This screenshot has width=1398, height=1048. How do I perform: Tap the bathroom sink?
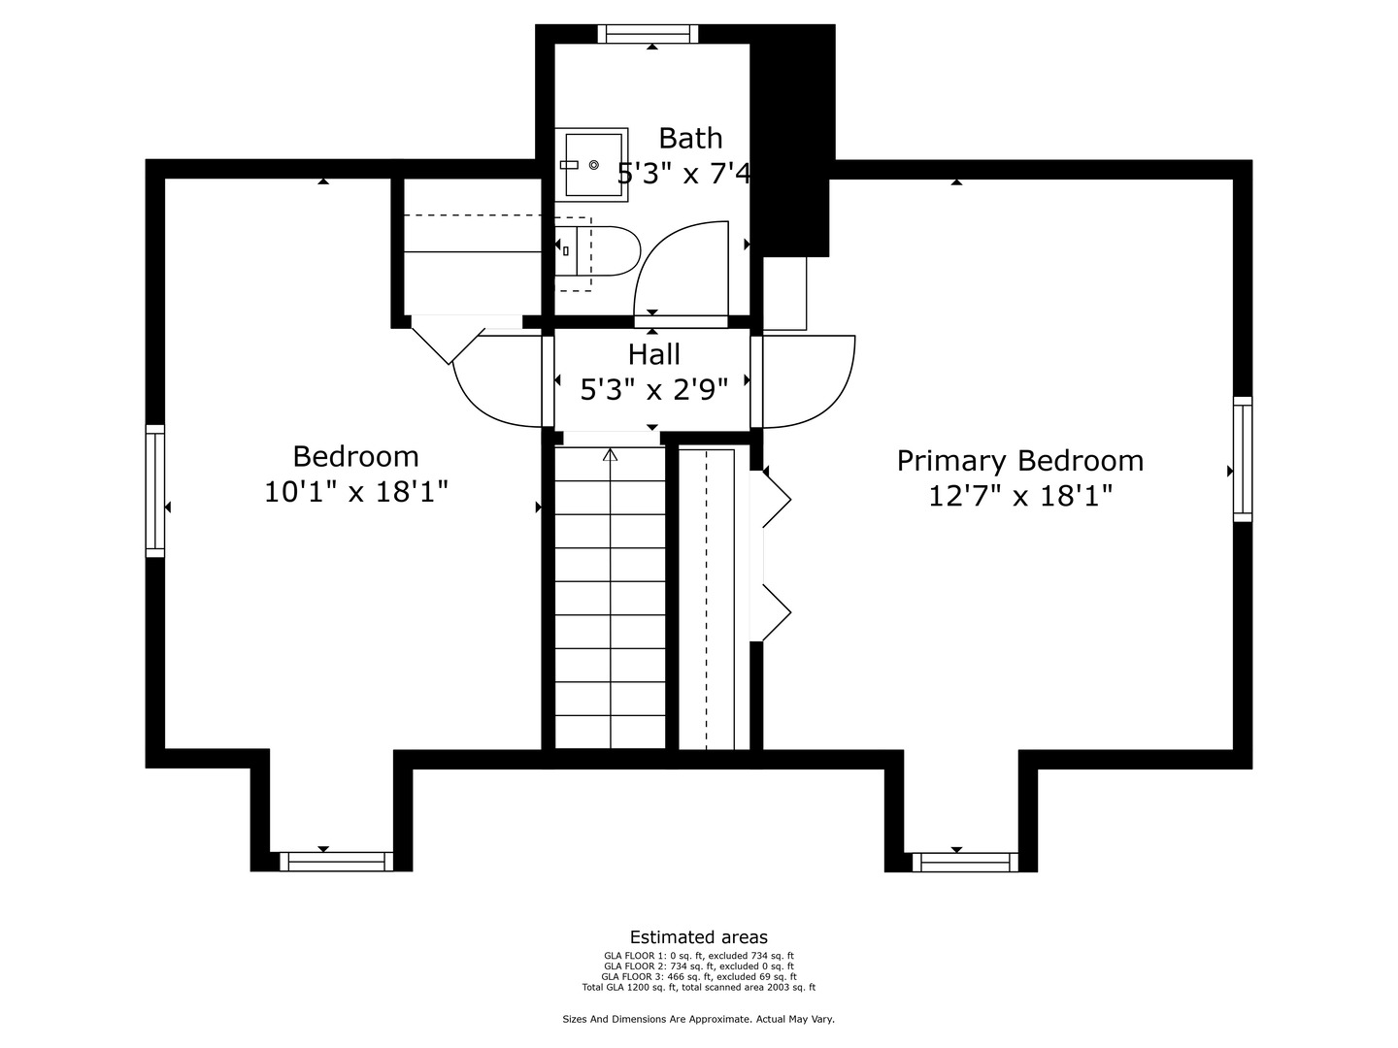pos(591,165)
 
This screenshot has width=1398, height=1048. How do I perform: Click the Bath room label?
pos(690,139)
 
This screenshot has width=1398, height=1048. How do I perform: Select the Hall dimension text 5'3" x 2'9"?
pos(653,390)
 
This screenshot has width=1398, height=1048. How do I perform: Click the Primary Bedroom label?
pos(1019,461)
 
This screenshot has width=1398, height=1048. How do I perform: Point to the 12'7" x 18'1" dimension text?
pos(1019,497)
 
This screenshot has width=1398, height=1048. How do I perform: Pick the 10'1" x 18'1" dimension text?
pos(356,493)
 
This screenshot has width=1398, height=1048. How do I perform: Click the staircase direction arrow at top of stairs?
pos(611,454)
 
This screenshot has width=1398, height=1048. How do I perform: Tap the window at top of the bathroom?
pos(648,34)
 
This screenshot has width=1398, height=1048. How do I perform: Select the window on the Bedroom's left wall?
pos(155,490)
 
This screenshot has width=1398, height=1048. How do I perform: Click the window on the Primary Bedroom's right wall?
pos(1243,459)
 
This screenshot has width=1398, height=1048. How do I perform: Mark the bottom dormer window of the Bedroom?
pos(336,862)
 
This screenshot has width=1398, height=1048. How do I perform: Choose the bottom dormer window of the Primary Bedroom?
pos(965,862)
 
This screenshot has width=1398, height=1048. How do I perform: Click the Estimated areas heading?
pos(698,937)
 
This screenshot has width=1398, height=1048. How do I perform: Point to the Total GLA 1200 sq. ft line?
pos(698,988)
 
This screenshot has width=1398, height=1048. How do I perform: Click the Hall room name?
pos(653,355)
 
